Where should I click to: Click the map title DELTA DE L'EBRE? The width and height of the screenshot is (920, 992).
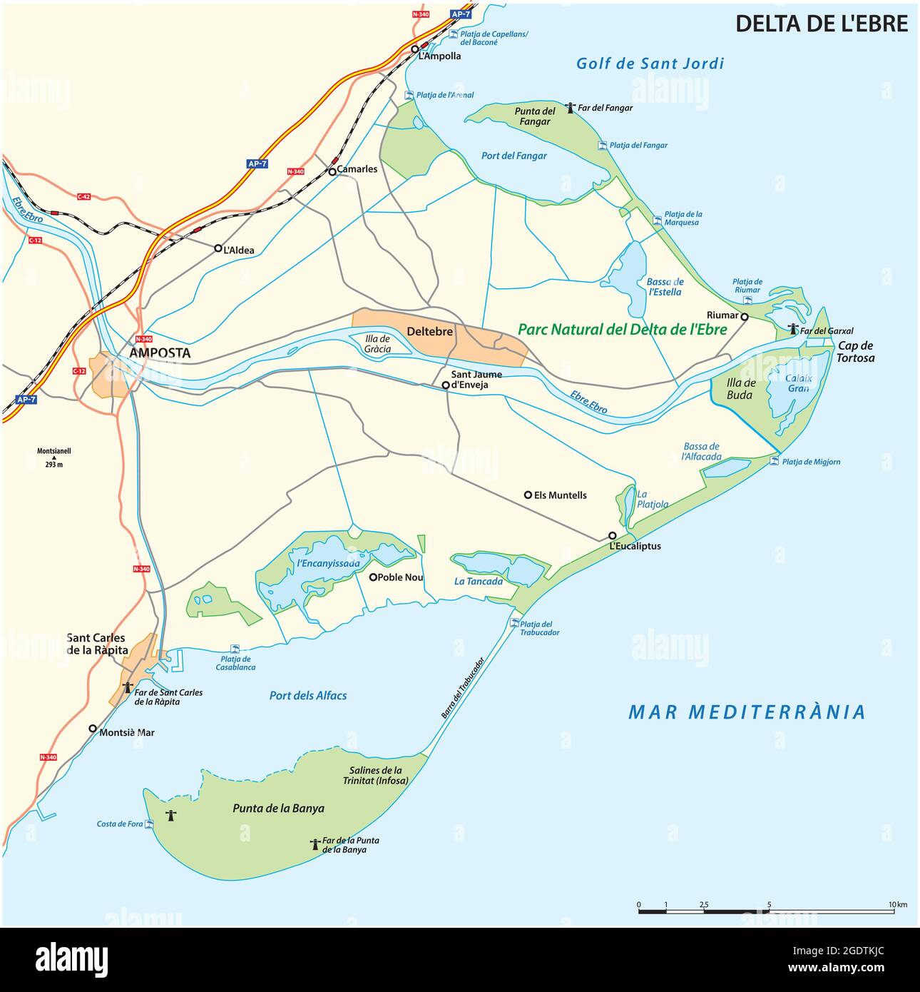pos(822,24)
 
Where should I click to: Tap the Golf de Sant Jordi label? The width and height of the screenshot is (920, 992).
pos(650,64)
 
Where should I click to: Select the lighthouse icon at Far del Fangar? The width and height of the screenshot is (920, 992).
pos(570,108)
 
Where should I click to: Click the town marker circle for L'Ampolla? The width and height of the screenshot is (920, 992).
pos(414,49)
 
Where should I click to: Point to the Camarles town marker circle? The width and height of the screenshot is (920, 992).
pos(332,171)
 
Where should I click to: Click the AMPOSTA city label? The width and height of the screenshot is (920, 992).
pos(160,353)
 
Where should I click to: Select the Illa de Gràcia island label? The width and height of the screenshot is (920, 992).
pos(377,344)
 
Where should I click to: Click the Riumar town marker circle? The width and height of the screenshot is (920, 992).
pos(744,316)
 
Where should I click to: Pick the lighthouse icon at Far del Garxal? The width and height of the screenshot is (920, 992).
pos(792,330)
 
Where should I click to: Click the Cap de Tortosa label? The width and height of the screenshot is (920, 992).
pos(856,352)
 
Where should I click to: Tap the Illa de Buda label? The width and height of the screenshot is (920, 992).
pos(740,389)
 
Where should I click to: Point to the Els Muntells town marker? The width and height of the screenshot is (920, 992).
pos(528,495)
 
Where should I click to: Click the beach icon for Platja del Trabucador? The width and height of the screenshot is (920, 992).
pos(514,623)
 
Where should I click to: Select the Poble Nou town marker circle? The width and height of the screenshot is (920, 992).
pos(372,577)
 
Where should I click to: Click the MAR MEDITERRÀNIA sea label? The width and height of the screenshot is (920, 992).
pos(747,712)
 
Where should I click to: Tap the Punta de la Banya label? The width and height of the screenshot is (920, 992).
pos(278,808)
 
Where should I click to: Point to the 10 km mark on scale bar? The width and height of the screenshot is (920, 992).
pos(892,911)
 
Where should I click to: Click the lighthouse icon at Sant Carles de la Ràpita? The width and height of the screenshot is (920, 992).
pos(128,688)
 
